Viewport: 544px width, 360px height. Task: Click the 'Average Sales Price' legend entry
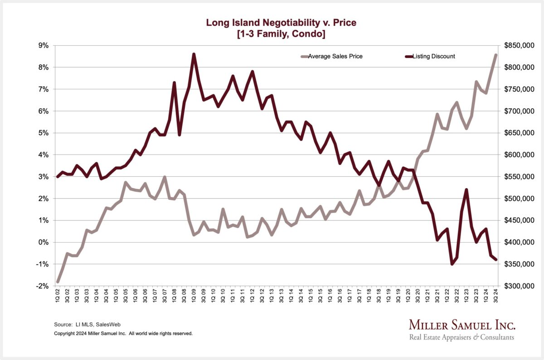pyautogui.click(x=335, y=57)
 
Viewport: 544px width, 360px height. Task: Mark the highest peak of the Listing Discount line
pyautogui.click(x=194, y=54)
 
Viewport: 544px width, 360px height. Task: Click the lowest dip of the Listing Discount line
pyautogui.click(x=452, y=264)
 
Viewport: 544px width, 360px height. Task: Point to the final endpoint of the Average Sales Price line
pyautogui.click(x=495, y=55)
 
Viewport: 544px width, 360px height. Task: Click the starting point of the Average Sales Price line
pyautogui.click(x=58, y=282)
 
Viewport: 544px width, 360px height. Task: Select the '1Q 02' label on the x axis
pyautogui.click(x=58, y=297)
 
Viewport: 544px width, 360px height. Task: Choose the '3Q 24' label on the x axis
pyautogui.click(x=495, y=297)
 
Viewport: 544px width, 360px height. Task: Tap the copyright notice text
pyautogui.click(x=123, y=333)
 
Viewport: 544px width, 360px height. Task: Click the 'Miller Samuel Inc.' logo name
pyautogui.click(x=462, y=325)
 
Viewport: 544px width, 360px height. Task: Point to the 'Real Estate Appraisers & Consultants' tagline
pyautogui.click(x=461, y=337)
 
